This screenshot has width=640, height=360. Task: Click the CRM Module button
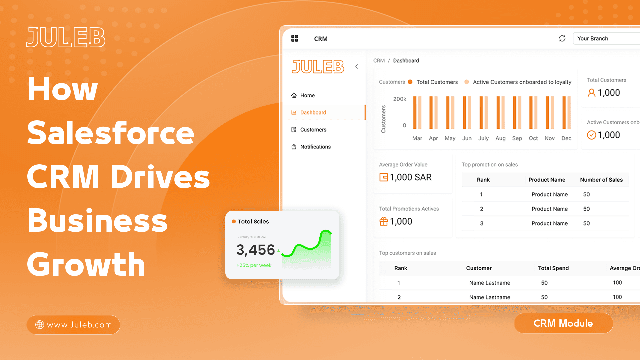pyautogui.click(x=563, y=323)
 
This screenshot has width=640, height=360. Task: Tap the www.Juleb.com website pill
pyautogui.click(x=73, y=325)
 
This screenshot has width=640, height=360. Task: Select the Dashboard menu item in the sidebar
pyautogui.click(x=313, y=113)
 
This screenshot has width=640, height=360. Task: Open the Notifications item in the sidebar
pyautogui.click(x=315, y=147)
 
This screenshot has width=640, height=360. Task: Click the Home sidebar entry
pyautogui.click(x=307, y=95)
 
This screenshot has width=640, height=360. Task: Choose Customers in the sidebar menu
pyautogui.click(x=313, y=130)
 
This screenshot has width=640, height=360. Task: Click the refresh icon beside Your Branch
pyautogui.click(x=562, y=38)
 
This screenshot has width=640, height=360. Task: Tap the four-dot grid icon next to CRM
pyautogui.click(x=294, y=38)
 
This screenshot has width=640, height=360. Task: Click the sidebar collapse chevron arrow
pyautogui.click(x=357, y=66)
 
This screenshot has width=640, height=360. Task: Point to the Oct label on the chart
pyautogui.click(x=533, y=138)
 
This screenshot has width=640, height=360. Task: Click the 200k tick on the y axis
pyautogui.click(x=399, y=99)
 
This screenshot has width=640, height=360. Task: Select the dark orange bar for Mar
pyautogui.click(x=415, y=113)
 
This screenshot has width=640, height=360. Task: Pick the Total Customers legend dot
pyautogui.click(x=410, y=82)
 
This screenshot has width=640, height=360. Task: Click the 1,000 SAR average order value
pyautogui.click(x=410, y=177)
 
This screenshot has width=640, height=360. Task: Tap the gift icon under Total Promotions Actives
pyautogui.click(x=384, y=221)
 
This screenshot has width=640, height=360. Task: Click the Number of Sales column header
pyautogui.click(x=601, y=180)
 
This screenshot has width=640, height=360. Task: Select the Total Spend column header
pyautogui.click(x=553, y=268)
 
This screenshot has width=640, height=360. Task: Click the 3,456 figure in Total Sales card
pyautogui.click(x=255, y=250)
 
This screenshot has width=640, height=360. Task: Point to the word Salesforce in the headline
pyautogui.click(x=110, y=133)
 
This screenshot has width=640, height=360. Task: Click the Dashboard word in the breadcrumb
pyautogui.click(x=406, y=61)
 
